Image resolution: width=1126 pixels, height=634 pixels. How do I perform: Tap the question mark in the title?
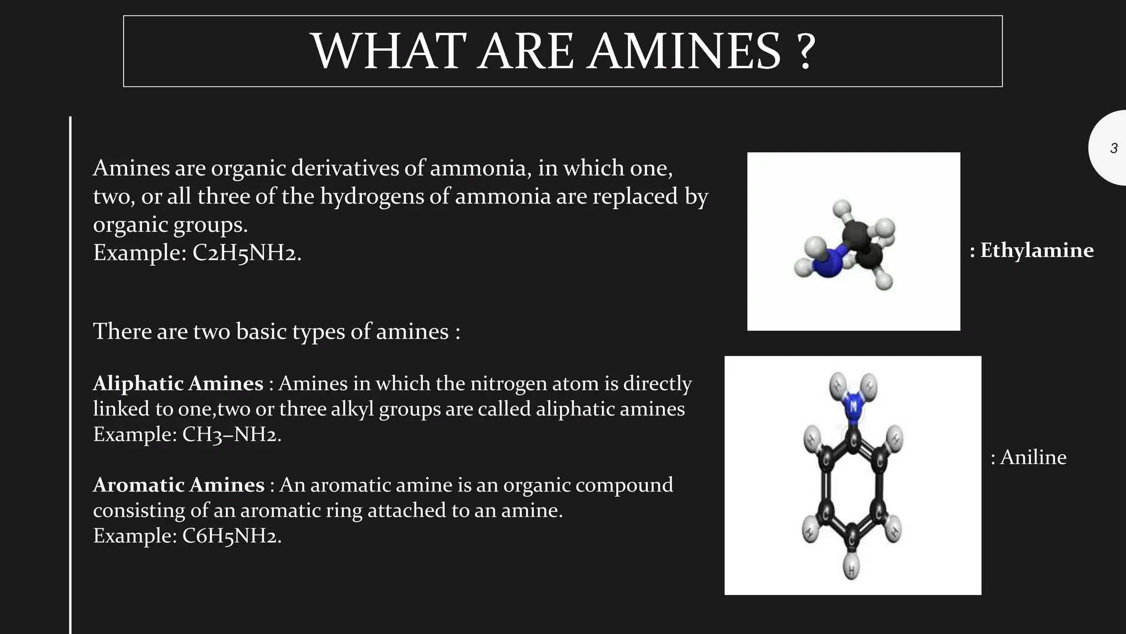point(805,51)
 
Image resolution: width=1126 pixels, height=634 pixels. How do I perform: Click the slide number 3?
point(1113,148)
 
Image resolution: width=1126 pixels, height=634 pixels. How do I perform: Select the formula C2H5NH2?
point(246,253)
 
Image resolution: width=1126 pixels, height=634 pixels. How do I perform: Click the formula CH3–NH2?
point(231,434)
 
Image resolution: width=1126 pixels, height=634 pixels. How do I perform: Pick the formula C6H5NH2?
point(231,535)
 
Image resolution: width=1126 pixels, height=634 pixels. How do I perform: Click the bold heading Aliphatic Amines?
point(178,383)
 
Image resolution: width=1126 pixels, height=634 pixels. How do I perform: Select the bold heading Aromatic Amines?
point(179,485)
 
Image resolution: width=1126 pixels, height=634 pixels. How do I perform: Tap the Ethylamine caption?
point(1036,250)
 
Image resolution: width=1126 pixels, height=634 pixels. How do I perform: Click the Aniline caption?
point(1033,457)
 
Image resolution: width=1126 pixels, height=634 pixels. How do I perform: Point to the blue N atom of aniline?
point(852,408)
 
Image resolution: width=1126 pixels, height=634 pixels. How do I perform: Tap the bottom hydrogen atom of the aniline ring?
point(851,570)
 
